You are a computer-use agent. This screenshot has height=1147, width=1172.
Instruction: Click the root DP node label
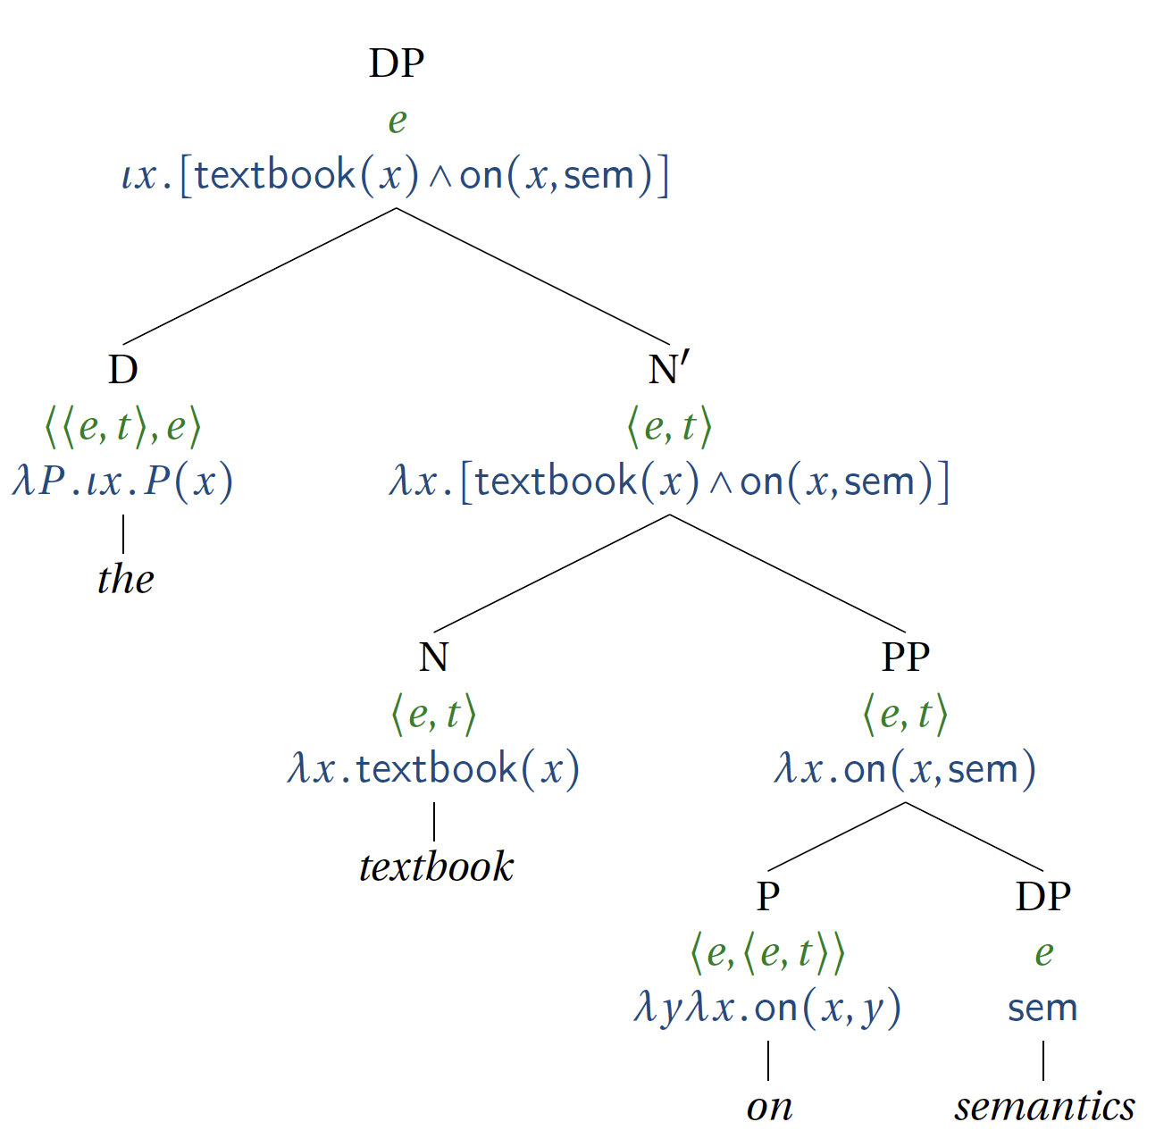point(397,63)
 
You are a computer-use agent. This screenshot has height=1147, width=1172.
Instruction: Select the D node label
point(123,369)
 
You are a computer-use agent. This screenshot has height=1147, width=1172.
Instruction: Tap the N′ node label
point(669,369)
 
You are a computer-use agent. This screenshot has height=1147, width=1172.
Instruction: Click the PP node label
point(905,657)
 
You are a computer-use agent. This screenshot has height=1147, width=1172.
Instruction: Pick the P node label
point(768,895)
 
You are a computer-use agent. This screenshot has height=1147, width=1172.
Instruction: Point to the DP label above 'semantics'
point(1042,895)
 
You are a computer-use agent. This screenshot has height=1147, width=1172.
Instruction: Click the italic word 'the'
point(125,579)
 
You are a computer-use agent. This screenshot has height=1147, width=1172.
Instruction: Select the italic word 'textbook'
point(436,867)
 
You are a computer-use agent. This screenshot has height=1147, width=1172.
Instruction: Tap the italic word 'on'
point(769,1107)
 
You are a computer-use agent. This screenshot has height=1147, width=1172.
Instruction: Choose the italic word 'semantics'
point(1044,1107)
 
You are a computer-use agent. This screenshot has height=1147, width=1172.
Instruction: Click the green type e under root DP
point(398,120)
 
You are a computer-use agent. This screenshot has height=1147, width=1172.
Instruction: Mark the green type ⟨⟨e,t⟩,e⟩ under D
point(122,426)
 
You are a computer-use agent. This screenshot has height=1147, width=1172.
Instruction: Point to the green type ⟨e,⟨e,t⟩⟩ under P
point(767,952)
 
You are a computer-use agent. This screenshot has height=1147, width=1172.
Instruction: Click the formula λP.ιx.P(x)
point(122,481)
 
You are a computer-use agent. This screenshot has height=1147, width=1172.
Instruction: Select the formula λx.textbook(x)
point(433,769)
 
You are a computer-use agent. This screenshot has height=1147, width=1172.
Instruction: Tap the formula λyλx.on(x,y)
point(767,1008)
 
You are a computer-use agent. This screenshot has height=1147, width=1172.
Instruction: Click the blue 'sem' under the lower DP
point(1042,1008)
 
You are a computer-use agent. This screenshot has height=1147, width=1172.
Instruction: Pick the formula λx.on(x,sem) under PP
point(905,769)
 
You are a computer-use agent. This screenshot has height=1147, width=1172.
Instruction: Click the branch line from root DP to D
point(259,276)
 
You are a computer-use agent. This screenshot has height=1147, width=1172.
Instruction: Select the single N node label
point(433,657)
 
